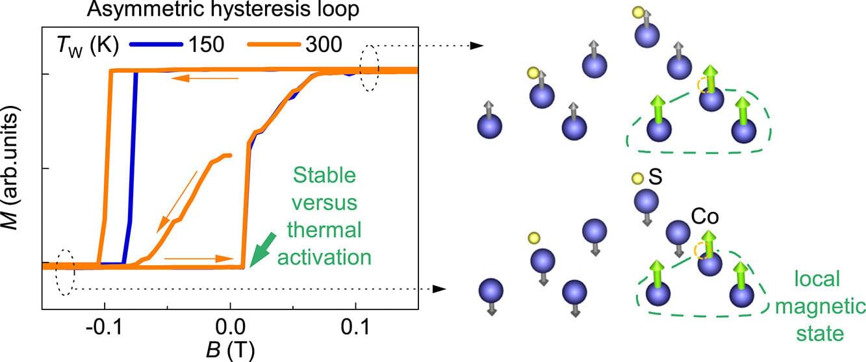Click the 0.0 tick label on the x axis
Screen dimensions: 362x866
230,325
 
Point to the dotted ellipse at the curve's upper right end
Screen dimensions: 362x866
369,68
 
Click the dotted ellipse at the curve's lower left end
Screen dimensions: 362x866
65,272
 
